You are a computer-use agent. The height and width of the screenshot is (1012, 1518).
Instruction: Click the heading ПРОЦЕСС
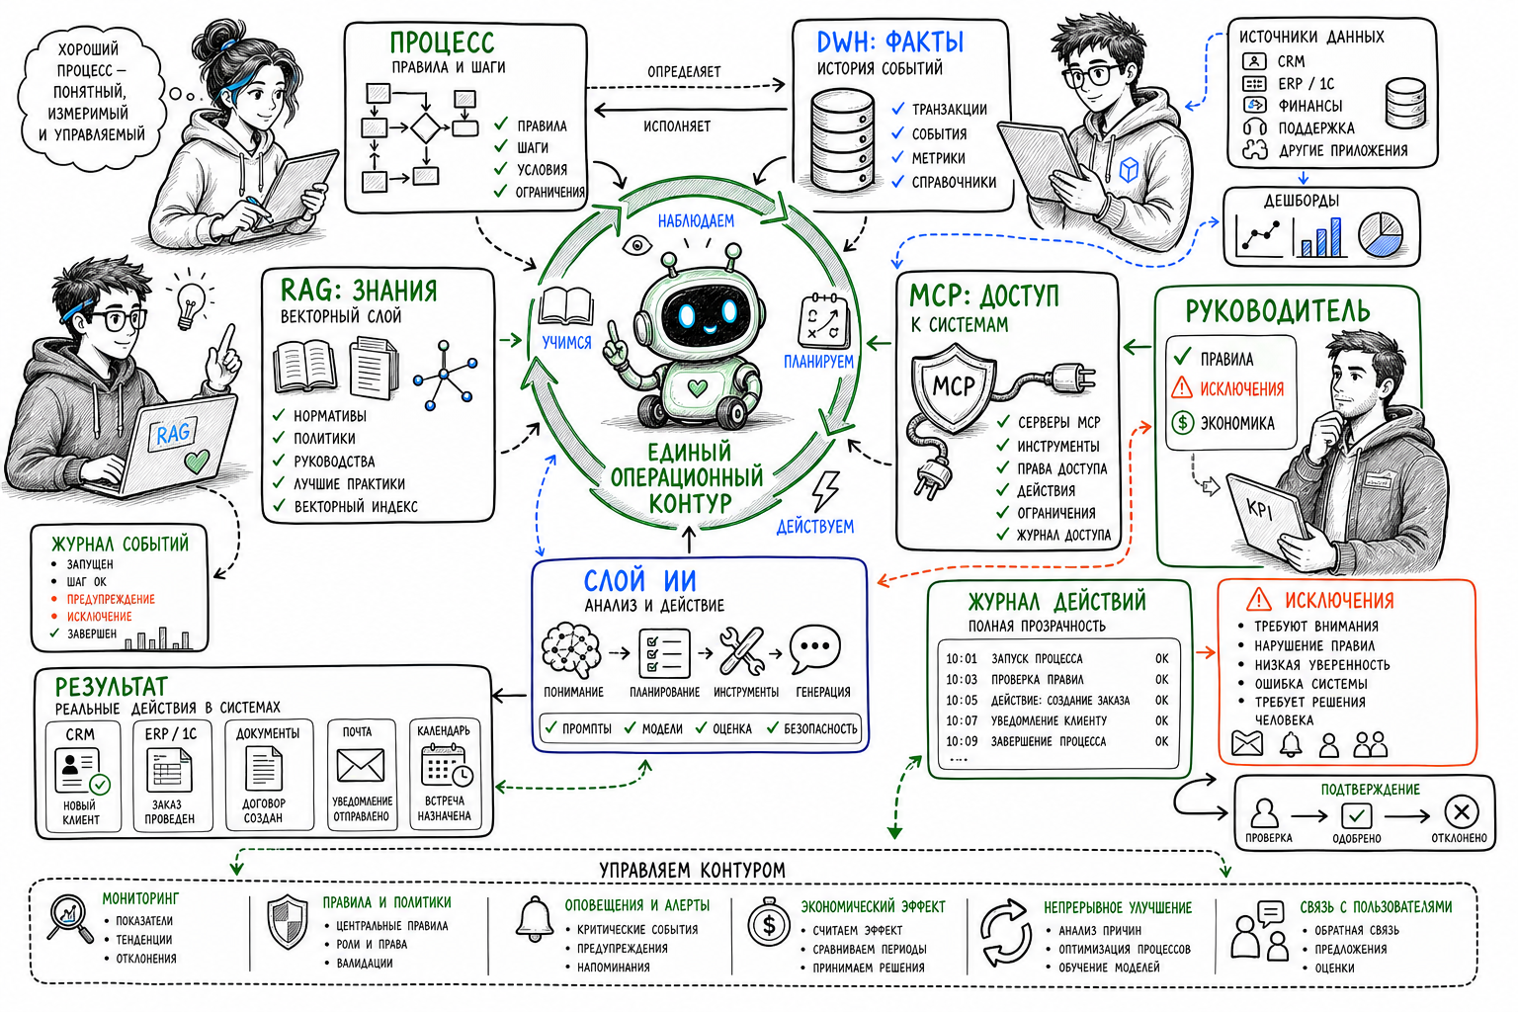click(x=442, y=42)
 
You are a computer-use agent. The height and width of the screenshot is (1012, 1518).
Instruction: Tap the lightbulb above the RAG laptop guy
click(x=191, y=305)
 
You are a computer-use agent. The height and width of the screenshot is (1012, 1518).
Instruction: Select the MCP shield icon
click(x=953, y=387)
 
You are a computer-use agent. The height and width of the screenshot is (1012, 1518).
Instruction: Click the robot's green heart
click(x=698, y=388)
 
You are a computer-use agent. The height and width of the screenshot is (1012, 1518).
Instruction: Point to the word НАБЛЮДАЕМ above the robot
click(x=696, y=221)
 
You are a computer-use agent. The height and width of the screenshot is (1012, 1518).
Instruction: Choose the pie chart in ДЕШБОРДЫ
click(x=1381, y=235)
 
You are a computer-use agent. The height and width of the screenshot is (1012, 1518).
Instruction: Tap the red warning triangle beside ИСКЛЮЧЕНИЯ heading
click(x=1258, y=599)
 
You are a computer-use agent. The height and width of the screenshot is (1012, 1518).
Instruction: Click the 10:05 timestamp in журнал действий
click(x=962, y=701)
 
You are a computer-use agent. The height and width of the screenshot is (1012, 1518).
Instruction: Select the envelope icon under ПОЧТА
click(x=361, y=765)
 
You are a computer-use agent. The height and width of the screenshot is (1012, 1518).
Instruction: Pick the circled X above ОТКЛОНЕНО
click(x=1461, y=812)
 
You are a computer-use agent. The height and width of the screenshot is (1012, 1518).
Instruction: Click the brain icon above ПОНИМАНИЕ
click(x=571, y=650)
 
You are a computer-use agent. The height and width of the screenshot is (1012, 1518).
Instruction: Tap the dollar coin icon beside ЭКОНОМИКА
click(x=1183, y=423)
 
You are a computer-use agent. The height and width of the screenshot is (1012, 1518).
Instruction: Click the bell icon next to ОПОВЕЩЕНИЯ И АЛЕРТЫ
click(x=535, y=920)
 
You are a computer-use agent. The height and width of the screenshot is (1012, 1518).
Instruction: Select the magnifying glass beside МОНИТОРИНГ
click(x=70, y=919)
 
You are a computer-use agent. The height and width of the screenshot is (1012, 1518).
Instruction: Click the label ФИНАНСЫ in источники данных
click(x=1309, y=106)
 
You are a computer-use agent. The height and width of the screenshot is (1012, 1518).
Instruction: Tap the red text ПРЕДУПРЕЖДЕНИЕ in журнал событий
click(x=111, y=599)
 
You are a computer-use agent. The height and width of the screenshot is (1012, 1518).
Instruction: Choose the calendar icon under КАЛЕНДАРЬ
click(x=446, y=765)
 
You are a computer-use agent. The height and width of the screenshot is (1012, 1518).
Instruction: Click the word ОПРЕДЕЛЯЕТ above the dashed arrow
click(x=684, y=72)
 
